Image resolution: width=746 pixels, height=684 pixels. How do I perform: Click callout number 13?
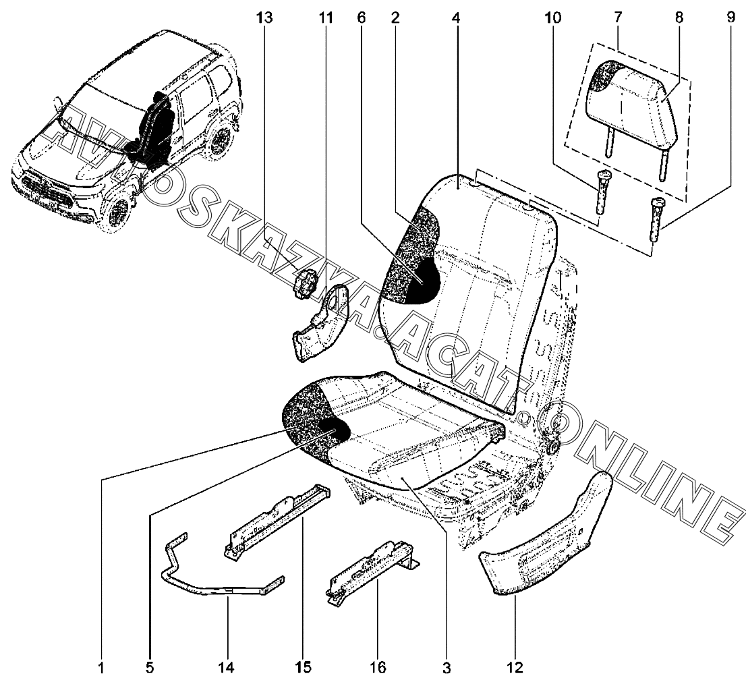coord(265,19)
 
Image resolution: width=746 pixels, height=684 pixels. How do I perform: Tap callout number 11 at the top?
coord(326,19)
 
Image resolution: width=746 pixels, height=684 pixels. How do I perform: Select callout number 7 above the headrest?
coord(619,19)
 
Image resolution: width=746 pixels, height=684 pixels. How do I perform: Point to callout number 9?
coord(730,19)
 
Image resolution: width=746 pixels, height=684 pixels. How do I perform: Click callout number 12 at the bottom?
coord(515,668)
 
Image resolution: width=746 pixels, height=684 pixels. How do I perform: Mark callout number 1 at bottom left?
coord(101,668)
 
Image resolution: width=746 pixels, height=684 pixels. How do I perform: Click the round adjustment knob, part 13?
coord(308,282)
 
